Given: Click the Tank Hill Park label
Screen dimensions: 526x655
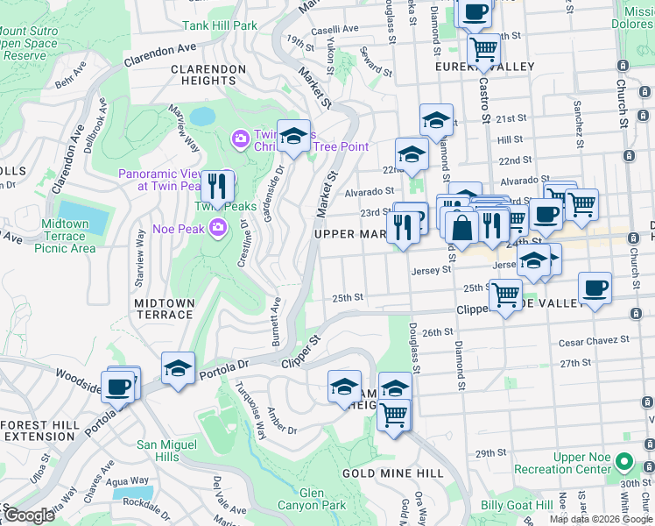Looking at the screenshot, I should pyautogui.click(x=220, y=25).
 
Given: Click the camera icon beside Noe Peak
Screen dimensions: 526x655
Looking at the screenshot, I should pyautogui.click(x=217, y=229).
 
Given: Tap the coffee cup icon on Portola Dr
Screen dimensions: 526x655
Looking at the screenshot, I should pyautogui.click(x=118, y=387).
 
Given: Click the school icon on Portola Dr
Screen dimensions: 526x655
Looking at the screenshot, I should pyautogui.click(x=178, y=368).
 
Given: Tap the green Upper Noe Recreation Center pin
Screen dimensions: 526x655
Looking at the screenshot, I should pyautogui.click(x=623, y=461).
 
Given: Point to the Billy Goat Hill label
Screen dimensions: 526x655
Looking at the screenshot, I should pyautogui.click(x=516, y=505).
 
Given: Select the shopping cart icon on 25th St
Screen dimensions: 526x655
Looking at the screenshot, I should pyautogui.click(x=505, y=295).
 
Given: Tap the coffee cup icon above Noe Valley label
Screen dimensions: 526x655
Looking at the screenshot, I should pyautogui.click(x=595, y=288).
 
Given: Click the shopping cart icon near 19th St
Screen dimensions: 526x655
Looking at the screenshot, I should pyautogui.click(x=482, y=49).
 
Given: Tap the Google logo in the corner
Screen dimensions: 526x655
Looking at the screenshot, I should pyautogui.click(x=28, y=515).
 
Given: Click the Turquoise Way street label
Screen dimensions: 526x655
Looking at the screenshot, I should pyautogui.click(x=248, y=411).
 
